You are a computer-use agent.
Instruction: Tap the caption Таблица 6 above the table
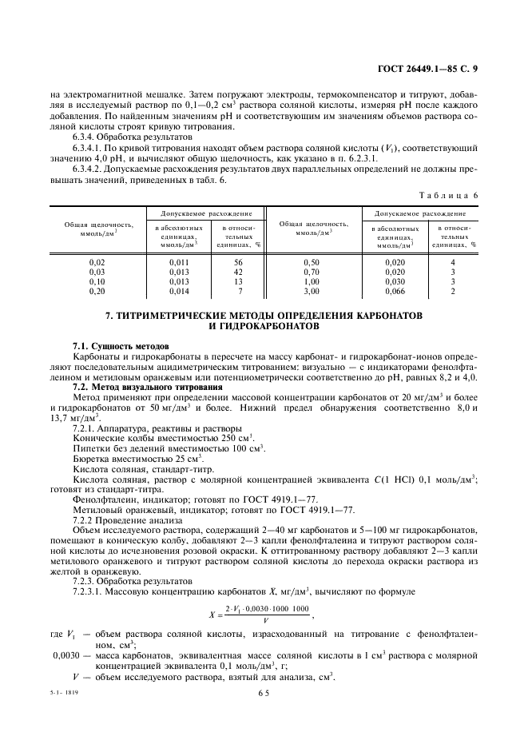[450, 195]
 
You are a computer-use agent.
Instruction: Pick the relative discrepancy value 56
[238, 262]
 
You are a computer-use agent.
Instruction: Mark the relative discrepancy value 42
[238, 272]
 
